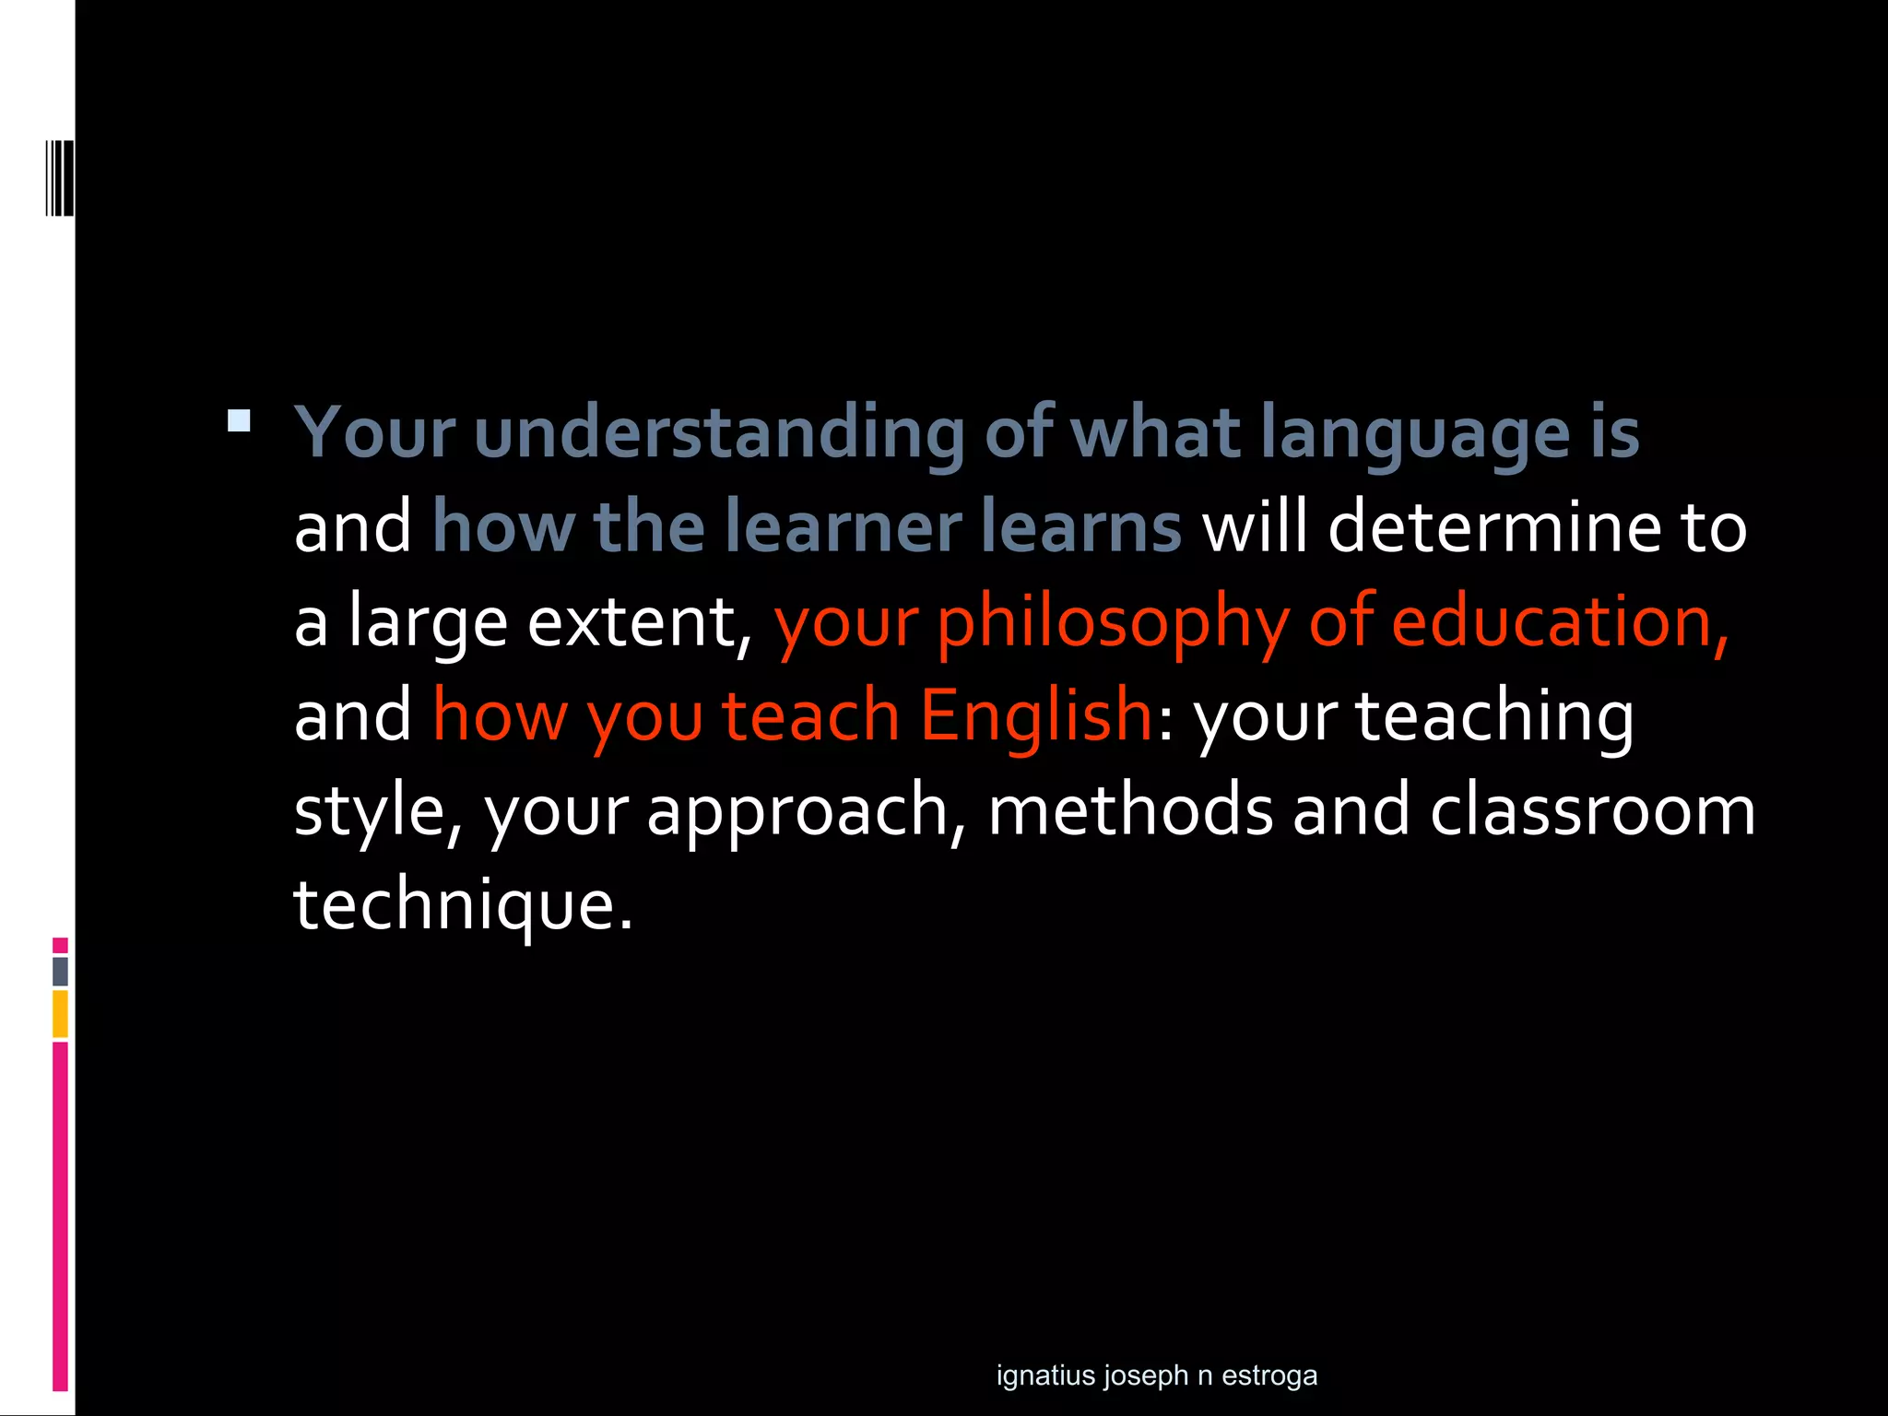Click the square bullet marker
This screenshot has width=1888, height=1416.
[239, 421]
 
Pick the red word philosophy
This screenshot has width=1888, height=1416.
[1113, 623]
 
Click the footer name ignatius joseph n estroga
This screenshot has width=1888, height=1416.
[1156, 1375]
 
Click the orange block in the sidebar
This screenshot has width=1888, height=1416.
[60, 1013]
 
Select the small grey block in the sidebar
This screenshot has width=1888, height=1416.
[60, 971]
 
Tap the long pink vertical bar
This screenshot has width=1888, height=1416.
[60, 1217]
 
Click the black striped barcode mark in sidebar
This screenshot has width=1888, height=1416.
[60, 178]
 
